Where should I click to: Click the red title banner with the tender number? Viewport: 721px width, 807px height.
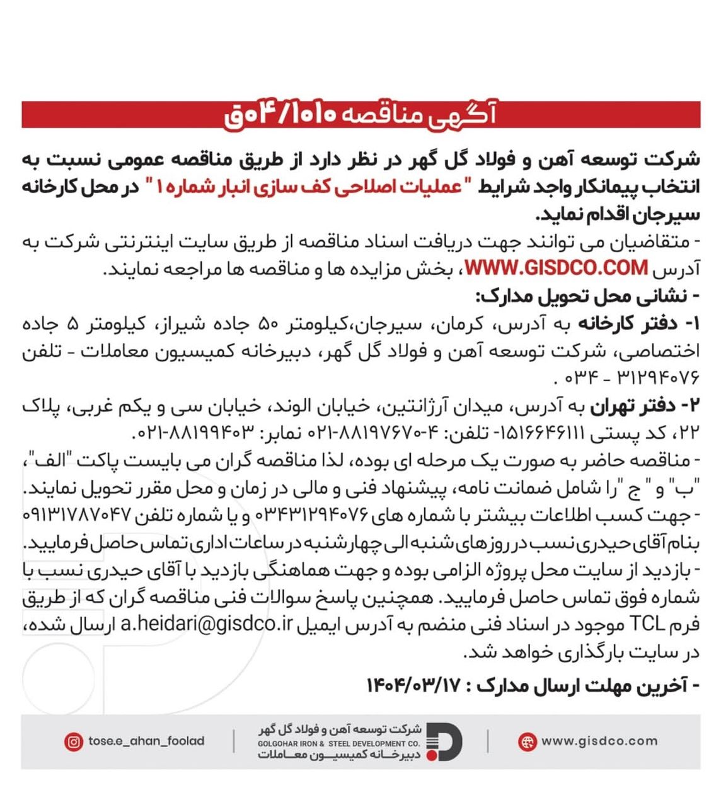360,115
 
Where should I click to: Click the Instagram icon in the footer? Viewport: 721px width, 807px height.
73,741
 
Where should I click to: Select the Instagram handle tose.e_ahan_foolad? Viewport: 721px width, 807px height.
146,741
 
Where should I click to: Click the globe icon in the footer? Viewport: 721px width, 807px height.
526,741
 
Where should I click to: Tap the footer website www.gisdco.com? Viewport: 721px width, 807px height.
599,741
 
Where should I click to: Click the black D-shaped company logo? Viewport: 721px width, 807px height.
446,741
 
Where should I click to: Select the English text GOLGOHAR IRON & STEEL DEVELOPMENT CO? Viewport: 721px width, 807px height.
339,744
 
